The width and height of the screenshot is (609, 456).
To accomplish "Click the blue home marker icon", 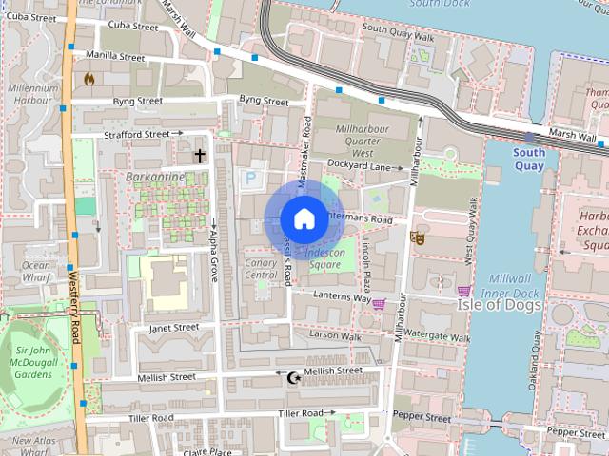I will (x=304, y=218).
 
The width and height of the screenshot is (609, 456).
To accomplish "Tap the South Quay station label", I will (x=529, y=159).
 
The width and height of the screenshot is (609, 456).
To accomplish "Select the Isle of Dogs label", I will (x=500, y=305).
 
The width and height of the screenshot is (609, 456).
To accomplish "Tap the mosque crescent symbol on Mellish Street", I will (x=293, y=378).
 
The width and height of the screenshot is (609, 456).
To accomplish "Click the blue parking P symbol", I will (x=251, y=177).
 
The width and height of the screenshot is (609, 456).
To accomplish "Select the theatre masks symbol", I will (x=416, y=237).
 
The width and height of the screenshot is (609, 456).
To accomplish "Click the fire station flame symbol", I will (x=89, y=79).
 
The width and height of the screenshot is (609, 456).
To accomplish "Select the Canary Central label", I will (x=260, y=269).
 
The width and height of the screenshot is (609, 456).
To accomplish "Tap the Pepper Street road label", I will (x=422, y=417).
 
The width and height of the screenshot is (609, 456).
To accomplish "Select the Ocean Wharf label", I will (x=36, y=271).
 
